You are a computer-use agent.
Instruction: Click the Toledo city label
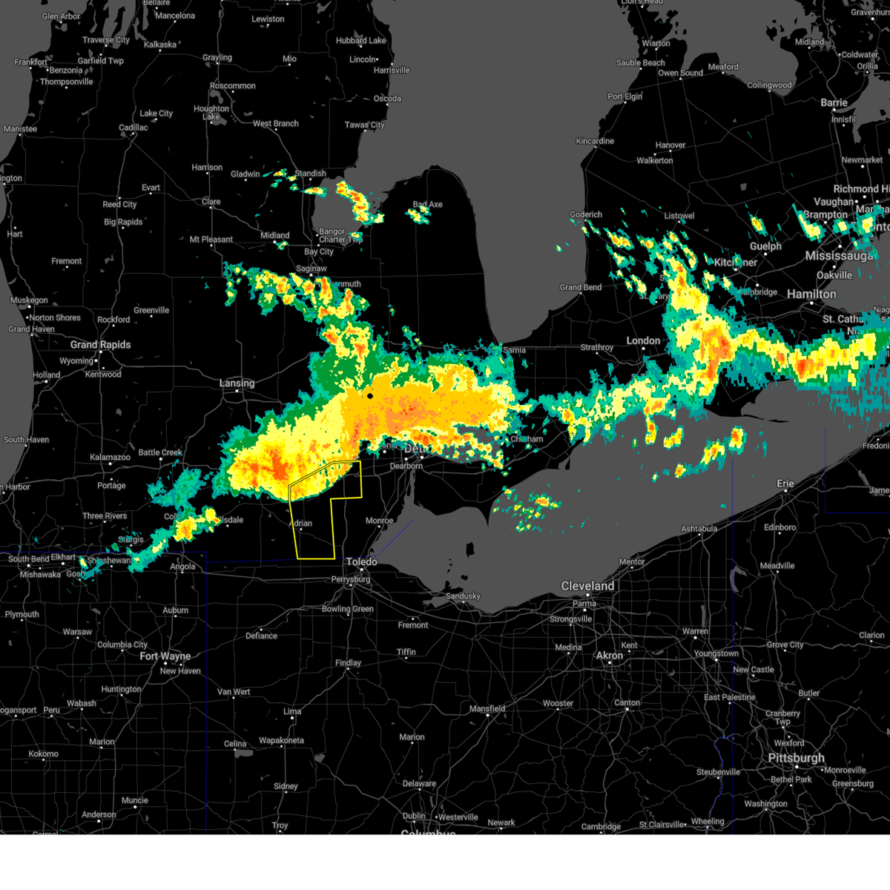[362, 562]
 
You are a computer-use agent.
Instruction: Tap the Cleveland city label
[587, 586]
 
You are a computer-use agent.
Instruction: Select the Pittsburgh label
[796, 758]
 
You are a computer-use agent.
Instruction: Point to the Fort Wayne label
[165, 656]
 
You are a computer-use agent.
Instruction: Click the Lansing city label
[237, 383]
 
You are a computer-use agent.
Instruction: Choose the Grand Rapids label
[100, 345]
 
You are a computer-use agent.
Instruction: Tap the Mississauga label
[840, 256]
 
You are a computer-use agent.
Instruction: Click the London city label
[643, 340]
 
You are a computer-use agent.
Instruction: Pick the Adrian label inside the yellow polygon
[300, 524]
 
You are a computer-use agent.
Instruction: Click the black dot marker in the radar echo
[370, 396]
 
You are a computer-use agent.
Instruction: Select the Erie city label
[785, 484]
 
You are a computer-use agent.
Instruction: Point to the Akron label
[610, 656]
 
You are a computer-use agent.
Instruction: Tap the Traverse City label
[106, 40]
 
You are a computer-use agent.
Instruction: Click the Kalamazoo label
[110, 458]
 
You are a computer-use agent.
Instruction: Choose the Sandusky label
[463, 596]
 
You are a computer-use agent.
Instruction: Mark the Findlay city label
[348, 663]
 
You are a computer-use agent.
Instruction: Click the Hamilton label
[811, 294]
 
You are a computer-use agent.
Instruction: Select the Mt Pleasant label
[211, 240]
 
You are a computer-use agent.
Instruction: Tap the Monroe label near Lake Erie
[379, 521]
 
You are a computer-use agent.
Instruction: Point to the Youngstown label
[716, 653]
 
